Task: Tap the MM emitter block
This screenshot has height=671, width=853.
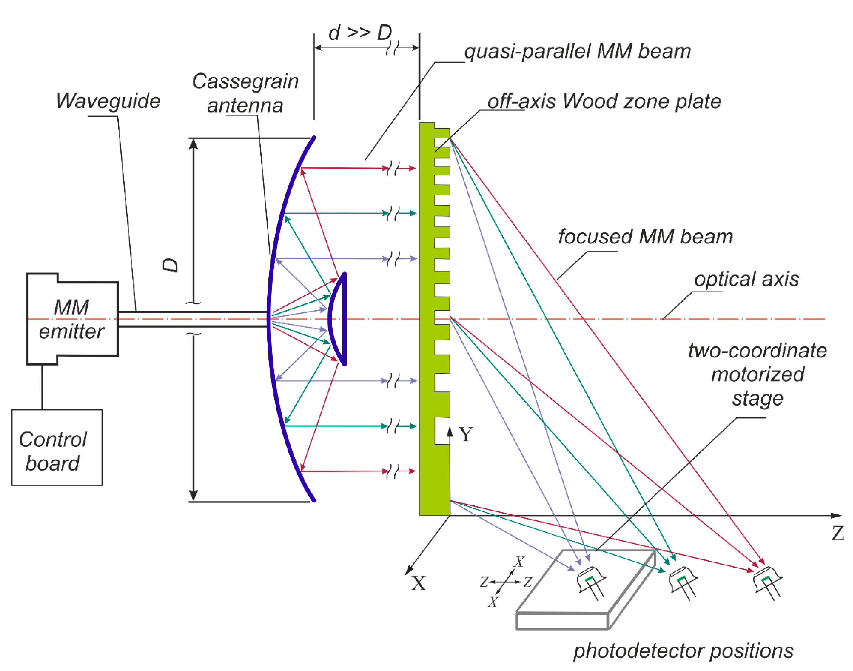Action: [x=72, y=319]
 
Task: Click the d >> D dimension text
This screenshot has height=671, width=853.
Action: [x=360, y=33]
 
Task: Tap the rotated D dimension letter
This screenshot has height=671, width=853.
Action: [x=170, y=265]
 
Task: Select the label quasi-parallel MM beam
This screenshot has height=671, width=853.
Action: [x=577, y=52]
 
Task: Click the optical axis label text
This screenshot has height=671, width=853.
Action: [x=746, y=279]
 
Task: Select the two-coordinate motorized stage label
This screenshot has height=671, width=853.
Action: [x=757, y=374]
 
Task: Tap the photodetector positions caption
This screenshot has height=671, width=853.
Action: [x=683, y=651]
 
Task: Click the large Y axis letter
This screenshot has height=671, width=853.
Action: [x=466, y=435]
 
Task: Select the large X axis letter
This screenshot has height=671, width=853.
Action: [x=419, y=583]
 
